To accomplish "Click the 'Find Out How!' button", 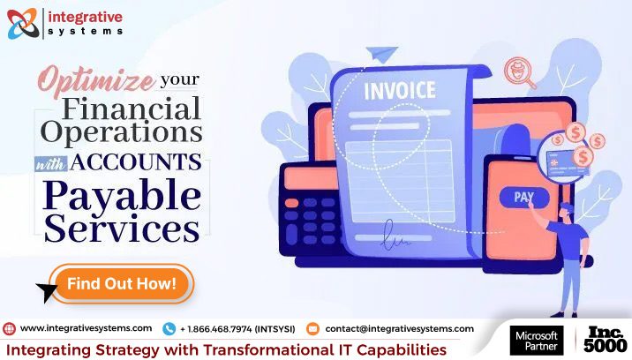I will [x=121, y=283].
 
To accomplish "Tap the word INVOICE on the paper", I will [x=399, y=90].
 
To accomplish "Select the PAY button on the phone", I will [x=523, y=196].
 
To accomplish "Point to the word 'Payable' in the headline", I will [x=121, y=193].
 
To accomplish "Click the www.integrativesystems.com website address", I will [x=86, y=328].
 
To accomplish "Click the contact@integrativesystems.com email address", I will [x=399, y=328].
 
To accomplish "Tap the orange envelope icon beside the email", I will [x=312, y=328].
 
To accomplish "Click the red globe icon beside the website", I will [x=9, y=328].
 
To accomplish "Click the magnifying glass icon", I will [x=521, y=72].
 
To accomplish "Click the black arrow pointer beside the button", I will [x=45, y=292].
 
